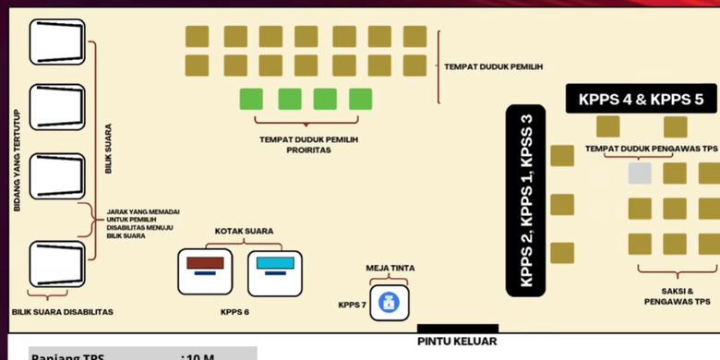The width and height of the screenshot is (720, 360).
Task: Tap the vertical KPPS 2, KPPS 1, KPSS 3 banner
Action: (527, 200)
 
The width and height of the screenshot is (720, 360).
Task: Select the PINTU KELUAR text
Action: (457, 342)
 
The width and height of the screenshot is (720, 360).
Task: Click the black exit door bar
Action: (457, 328)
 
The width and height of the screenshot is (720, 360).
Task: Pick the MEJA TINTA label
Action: (390, 268)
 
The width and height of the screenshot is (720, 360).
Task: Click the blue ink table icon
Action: (390, 303)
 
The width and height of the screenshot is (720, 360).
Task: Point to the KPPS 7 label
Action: (352, 305)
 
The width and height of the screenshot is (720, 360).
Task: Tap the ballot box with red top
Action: (205, 271)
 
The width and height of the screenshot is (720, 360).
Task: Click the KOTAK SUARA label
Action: (244, 231)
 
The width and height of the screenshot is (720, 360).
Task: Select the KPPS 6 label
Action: (234, 312)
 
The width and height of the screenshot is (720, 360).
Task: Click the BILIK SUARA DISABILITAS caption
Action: (62, 312)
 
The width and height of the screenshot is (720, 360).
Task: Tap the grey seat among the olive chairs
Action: (640, 173)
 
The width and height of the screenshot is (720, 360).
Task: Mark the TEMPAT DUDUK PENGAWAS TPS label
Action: (651, 149)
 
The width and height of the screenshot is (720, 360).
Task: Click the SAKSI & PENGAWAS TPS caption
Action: (677, 295)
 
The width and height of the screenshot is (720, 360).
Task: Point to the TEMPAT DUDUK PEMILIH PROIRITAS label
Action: (308, 144)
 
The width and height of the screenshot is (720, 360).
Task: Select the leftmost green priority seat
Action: (251, 99)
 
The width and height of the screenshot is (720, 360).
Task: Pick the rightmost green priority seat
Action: (360, 99)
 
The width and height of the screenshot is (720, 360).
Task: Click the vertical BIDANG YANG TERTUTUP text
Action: (16, 159)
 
